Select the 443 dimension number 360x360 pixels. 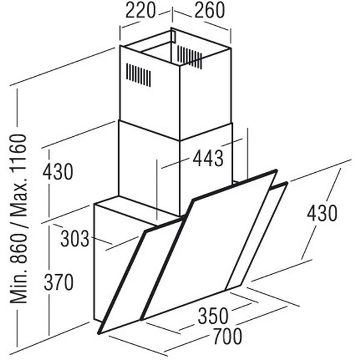(208, 159)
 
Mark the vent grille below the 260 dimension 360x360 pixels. (190, 57)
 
